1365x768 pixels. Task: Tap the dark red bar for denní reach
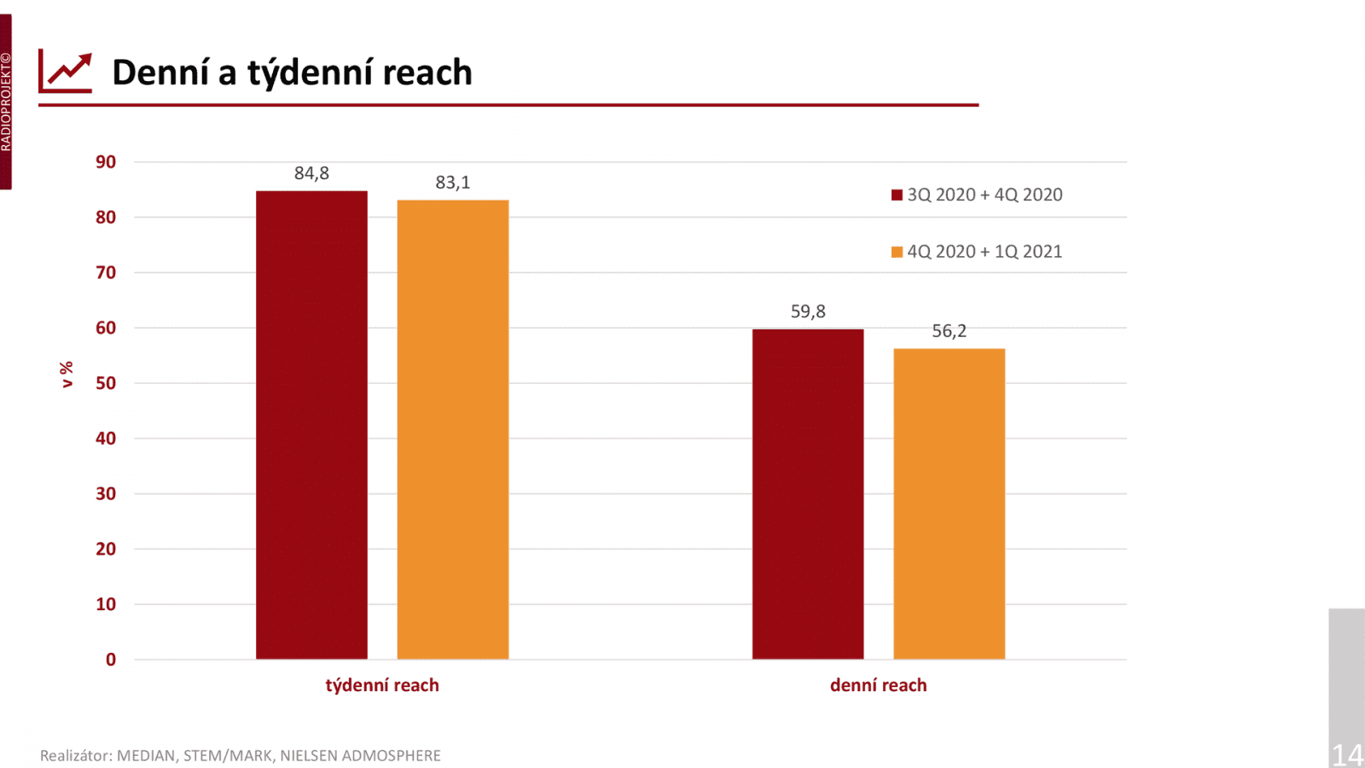(808, 494)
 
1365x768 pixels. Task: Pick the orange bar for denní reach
(949, 503)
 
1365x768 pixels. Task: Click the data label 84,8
(311, 173)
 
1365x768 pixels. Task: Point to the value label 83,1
(453, 183)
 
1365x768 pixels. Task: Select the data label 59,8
(808, 311)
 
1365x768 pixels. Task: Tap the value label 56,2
(949, 331)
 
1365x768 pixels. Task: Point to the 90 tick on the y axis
(106, 162)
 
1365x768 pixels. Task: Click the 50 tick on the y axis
(106, 383)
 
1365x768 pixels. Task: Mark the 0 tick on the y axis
(111, 660)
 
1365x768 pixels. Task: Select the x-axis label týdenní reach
(382, 685)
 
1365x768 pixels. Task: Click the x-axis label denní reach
(878, 685)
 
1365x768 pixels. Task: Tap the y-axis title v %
(67, 375)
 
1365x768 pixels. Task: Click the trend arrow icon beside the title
(66, 72)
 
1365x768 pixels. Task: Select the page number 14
(1347, 754)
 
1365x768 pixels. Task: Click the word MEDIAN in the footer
(146, 756)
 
